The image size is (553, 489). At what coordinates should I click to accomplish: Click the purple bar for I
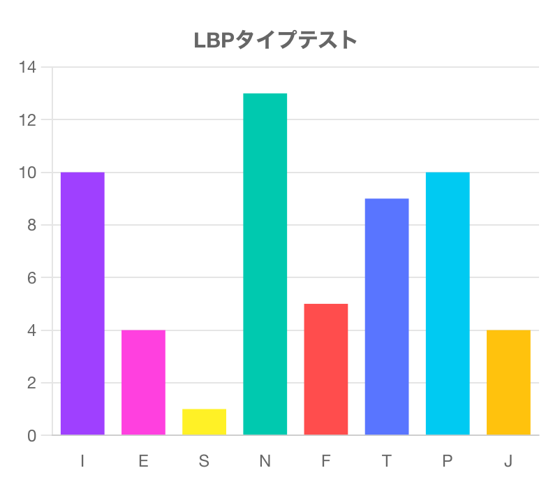pyautogui.click(x=82, y=303)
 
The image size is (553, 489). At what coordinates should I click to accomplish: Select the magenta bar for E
pyautogui.click(x=143, y=382)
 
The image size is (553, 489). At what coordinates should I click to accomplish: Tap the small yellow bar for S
pyautogui.click(x=204, y=422)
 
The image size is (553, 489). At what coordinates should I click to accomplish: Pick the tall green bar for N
pyautogui.click(x=265, y=264)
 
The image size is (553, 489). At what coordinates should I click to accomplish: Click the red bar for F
pyautogui.click(x=325, y=369)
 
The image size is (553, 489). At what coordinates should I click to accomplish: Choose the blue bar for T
pyautogui.click(x=386, y=316)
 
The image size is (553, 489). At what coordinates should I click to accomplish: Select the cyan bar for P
pyautogui.click(x=448, y=303)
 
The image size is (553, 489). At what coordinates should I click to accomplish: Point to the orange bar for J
pyautogui.click(x=508, y=382)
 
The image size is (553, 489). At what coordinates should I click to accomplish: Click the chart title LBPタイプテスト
pyautogui.click(x=276, y=40)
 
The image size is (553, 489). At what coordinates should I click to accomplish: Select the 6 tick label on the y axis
pyautogui.click(x=31, y=278)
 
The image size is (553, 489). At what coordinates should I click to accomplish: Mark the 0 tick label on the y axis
pyautogui.click(x=31, y=436)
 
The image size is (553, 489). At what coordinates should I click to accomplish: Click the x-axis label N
pyautogui.click(x=265, y=461)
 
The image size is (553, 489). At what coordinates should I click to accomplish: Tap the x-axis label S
pyautogui.click(x=204, y=461)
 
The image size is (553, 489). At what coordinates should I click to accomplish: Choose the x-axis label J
pyautogui.click(x=508, y=461)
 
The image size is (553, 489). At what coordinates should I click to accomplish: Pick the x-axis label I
pyautogui.click(x=82, y=461)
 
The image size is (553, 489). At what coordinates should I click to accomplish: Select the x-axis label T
pyautogui.click(x=386, y=461)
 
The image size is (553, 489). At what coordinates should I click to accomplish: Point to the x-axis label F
pyautogui.click(x=325, y=461)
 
